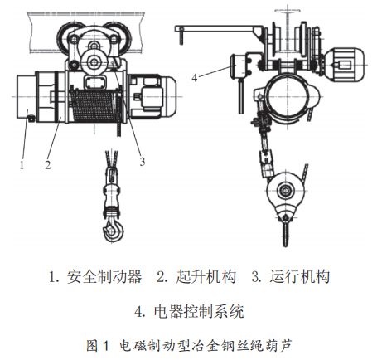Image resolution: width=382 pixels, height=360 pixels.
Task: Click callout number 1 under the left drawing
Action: (22, 165)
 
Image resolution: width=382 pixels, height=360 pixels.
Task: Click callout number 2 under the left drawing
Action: (48, 165)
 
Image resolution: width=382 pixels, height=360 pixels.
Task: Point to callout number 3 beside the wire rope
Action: (143, 162)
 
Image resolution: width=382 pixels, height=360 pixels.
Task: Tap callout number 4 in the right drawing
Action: (195, 78)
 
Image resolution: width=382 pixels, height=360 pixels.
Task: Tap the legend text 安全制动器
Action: (104, 276)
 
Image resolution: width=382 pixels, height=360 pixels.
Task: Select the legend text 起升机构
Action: (206, 276)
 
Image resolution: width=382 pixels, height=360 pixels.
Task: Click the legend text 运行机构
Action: (300, 276)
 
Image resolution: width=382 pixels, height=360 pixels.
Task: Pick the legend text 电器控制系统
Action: (199, 312)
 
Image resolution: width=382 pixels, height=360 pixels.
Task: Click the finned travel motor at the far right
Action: (346, 65)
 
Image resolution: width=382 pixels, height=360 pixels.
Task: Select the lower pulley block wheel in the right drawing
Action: (284, 190)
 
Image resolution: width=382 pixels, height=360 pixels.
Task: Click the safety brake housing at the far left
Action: (27, 96)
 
